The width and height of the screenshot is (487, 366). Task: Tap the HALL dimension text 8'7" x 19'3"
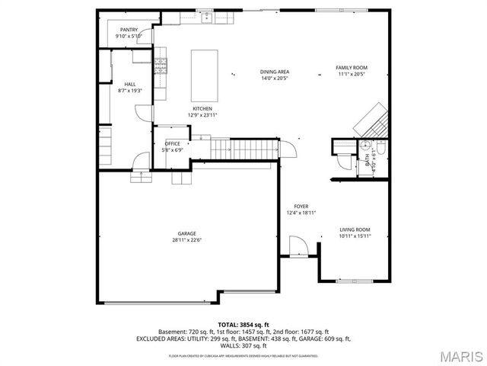[x=130, y=90]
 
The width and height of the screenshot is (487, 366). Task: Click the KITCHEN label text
[x=202, y=109]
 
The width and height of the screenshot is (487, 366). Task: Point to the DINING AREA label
[x=275, y=72]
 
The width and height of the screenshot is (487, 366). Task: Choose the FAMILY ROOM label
[x=352, y=67]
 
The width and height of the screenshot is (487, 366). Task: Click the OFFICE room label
[x=172, y=143]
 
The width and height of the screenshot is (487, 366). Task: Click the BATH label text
[x=368, y=160]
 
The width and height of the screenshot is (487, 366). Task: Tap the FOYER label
[x=301, y=207]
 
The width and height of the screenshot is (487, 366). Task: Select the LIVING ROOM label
[x=355, y=230]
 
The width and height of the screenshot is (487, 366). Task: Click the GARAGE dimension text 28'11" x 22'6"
[x=187, y=240]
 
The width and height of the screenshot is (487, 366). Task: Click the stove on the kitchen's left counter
[x=161, y=68]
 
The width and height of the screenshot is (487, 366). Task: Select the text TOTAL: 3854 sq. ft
[x=243, y=325]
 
